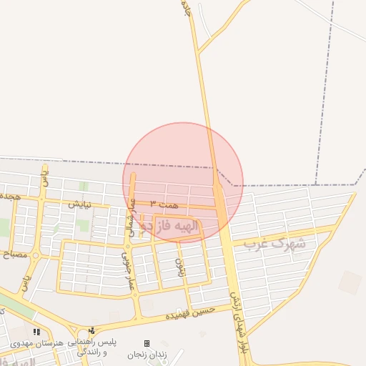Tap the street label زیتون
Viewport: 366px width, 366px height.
tap(181, 267)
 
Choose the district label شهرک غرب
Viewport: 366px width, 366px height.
tap(274, 242)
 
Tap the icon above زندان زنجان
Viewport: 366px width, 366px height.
tap(147, 343)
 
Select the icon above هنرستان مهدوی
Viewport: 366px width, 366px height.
tap(36, 332)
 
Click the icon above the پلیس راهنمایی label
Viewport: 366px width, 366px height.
tap(91, 331)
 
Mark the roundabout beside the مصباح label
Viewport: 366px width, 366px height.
tap(36, 252)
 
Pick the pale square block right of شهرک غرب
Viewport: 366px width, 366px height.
tap(350, 282)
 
